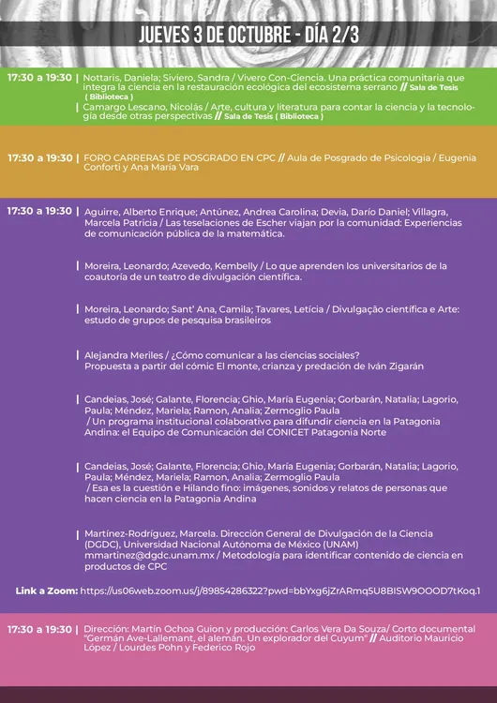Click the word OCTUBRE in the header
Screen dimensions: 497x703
(x=247, y=36)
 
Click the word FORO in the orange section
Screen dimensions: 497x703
(x=97, y=158)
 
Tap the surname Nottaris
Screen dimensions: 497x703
(x=104, y=78)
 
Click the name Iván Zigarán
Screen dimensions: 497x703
(x=398, y=365)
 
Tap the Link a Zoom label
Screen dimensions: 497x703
(x=46, y=591)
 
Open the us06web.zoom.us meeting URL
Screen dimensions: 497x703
(x=280, y=591)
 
